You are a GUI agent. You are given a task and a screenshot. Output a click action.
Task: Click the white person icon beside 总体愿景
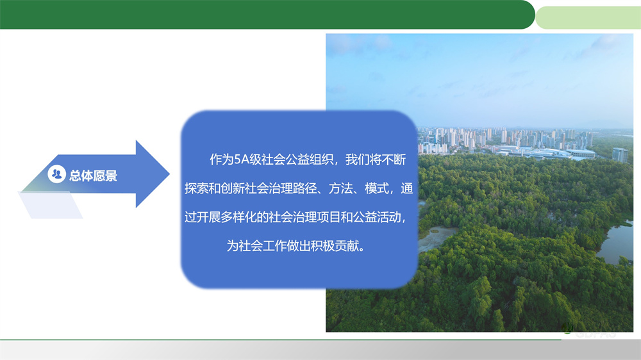click(x=56, y=174)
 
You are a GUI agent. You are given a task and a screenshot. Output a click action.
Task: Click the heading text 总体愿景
click(x=93, y=176)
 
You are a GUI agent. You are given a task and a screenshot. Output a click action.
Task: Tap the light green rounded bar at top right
click(x=587, y=17)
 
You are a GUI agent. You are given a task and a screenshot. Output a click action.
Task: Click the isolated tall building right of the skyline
click(x=620, y=155)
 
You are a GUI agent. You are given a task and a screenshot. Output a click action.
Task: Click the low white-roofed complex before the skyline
click(x=545, y=152)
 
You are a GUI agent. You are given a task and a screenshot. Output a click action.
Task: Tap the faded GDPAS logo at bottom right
click(x=590, y=332)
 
